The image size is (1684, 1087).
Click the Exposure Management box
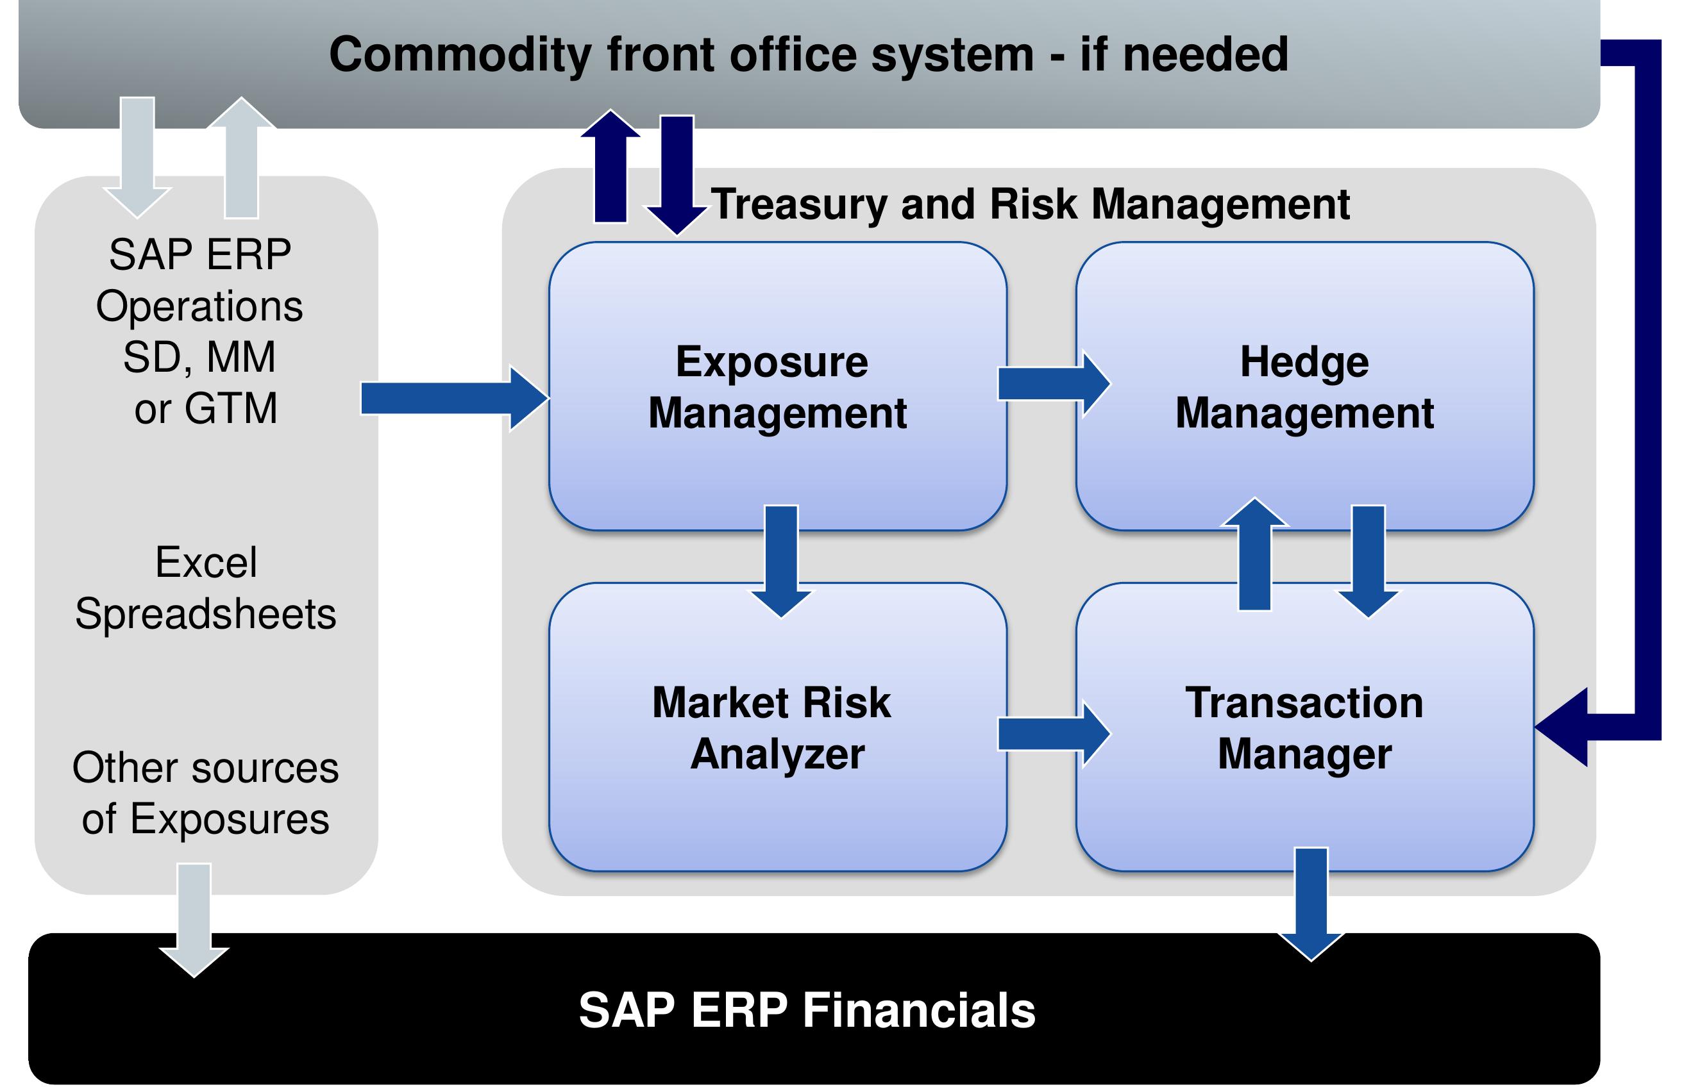tap(777, 385)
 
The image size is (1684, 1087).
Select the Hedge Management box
tap(1304, 385)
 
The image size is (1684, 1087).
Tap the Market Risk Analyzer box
tap(777, 727)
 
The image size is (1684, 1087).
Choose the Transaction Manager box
tap(1304, 727)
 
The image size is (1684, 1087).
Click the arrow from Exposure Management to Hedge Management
tap(1054, 384)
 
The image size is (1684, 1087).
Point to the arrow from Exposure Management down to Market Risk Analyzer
tap(781, 561)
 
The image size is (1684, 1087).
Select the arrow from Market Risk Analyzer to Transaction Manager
tap(1054, 733)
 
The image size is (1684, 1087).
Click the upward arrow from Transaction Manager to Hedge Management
tap(1255, 553)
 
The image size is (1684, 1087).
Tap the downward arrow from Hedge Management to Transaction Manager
tap(1368, 561)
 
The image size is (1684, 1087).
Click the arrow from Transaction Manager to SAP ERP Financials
tap(1311, 904)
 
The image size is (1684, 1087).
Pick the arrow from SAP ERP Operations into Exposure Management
tap(455, 398)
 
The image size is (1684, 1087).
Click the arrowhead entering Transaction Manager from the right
tap(1562, 727)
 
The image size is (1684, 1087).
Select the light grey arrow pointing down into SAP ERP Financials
tap(194, 920)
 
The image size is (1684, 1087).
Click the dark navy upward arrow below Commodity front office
tap(610, 166)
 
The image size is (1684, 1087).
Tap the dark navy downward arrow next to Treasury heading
tap(677, 175)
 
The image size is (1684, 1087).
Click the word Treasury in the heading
tap(798, 205)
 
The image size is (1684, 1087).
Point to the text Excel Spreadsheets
tap(205, 588)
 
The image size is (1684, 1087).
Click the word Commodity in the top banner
tap(460, 55)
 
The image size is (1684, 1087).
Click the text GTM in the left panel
tap(231, 408)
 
